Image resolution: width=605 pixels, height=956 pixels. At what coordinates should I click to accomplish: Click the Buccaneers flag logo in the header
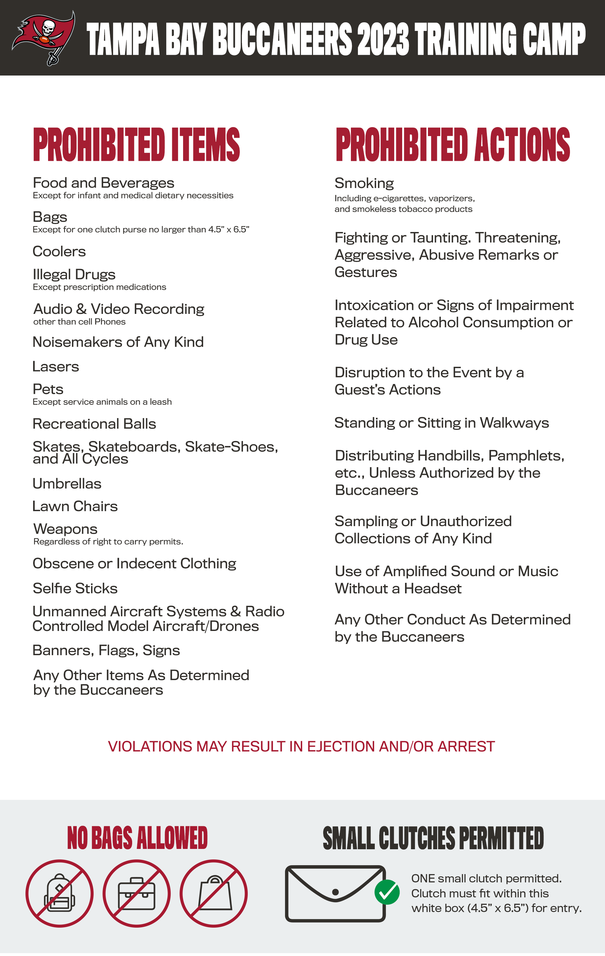tap(44, 38)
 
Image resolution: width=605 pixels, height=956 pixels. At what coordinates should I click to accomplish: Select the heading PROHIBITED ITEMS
tap(137, 145)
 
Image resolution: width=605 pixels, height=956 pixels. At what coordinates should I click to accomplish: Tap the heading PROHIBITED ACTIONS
tap(453, 145)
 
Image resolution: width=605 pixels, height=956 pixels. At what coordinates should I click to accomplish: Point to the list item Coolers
tap(59, 252)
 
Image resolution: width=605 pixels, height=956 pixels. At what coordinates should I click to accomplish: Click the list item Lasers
tap(55, 366)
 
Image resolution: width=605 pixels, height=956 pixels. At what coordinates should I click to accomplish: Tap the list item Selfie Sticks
tap(75, 588)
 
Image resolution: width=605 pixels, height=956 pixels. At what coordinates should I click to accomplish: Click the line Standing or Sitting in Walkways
tap(442, 423)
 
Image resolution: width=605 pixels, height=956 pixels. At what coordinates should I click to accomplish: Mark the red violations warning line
tap(302, 746)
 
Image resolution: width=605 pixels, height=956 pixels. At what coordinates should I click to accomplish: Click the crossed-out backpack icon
tap(60, 893)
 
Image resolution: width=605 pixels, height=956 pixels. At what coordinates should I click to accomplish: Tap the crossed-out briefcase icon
tap(137, 893)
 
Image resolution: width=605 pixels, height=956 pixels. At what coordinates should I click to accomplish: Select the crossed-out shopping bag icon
tap(214, 893)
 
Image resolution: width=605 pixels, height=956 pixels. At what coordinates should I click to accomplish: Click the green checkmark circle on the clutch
tap(387, 892)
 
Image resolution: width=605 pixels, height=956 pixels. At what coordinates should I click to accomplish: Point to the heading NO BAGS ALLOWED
tap(137, 838)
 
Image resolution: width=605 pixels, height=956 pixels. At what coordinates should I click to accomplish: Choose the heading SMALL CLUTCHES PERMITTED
tap(433, 838)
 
